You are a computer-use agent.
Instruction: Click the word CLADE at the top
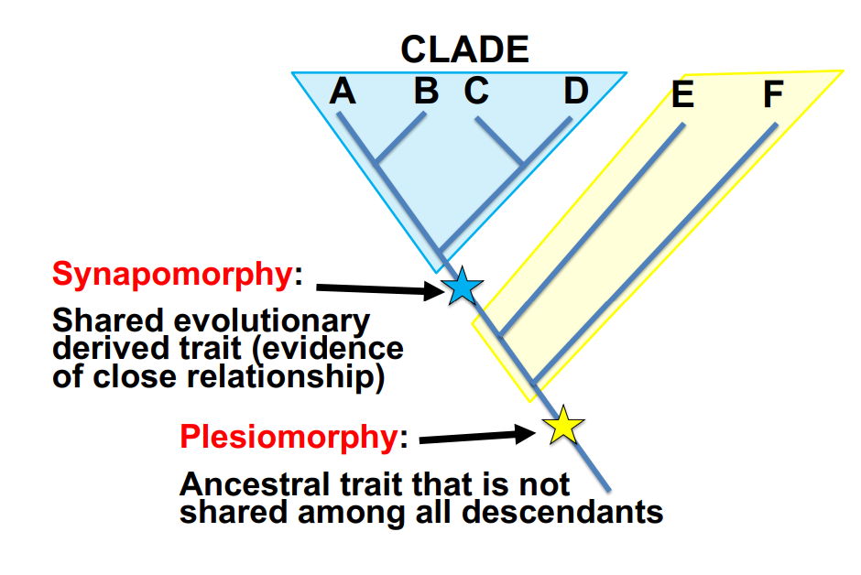465,49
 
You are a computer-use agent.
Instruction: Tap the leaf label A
342,91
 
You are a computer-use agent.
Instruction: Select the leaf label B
426,91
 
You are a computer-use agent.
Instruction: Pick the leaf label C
476,91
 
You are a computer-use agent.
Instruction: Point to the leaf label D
575,91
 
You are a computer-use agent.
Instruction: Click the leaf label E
682,94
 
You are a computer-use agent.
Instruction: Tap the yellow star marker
562,426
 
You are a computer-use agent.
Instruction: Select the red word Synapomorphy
172,274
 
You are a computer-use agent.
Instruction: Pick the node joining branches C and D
522,165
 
